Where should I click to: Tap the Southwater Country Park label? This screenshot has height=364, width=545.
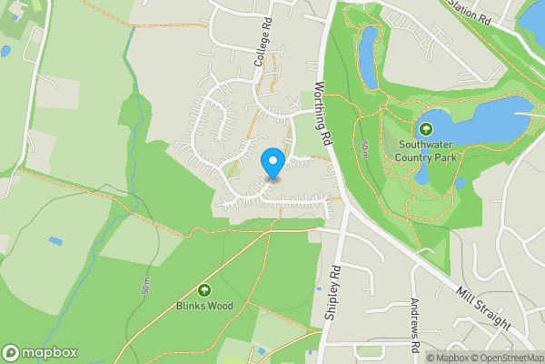[425, 150]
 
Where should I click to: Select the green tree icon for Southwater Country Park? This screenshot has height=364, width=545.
[425, 129]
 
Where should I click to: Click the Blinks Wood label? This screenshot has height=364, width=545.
[203, 306]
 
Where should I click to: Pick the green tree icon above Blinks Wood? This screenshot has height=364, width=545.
[203, 290]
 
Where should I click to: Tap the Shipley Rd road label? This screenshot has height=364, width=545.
[332, 291]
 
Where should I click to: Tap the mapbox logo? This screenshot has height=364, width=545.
[40, 352]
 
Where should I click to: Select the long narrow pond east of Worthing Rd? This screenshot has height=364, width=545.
[368, 56]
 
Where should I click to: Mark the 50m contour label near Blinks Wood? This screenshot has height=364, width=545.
[145, 287]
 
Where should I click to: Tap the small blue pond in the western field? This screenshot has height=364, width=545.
[56, 241]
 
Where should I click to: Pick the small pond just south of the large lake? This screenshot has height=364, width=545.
[460, 184]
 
